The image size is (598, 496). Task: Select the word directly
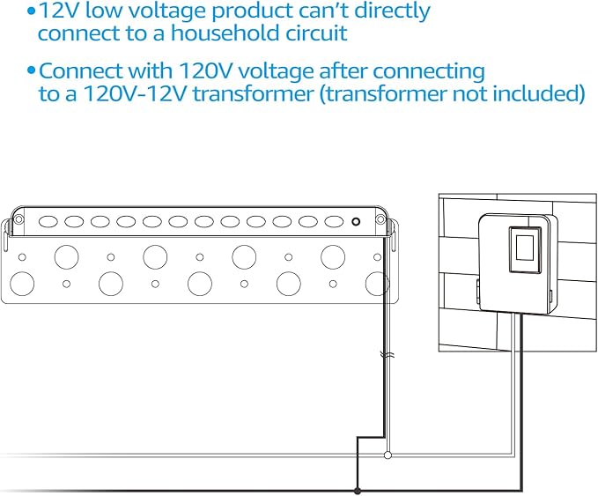(x=388, y=11)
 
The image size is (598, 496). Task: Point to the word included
(x=544, y=93)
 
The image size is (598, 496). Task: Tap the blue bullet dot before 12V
(x=32, y=11)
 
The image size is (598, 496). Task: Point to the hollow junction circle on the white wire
(x=388, y=455)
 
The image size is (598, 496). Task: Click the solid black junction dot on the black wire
(x=357, y=489)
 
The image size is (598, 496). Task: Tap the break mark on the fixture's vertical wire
(x=385, y=356)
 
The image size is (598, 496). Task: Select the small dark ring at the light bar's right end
(x=355, y=222)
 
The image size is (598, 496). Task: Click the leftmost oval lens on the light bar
(x=48, y=222)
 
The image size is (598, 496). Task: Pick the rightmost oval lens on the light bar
(x=333, y=222)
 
